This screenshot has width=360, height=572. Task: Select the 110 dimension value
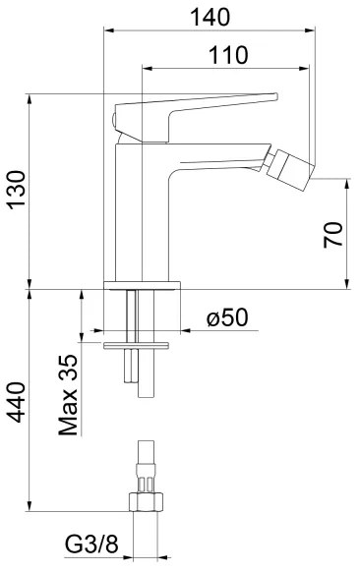click(227, 56)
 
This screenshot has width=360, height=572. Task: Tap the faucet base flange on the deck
click(144, 286)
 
